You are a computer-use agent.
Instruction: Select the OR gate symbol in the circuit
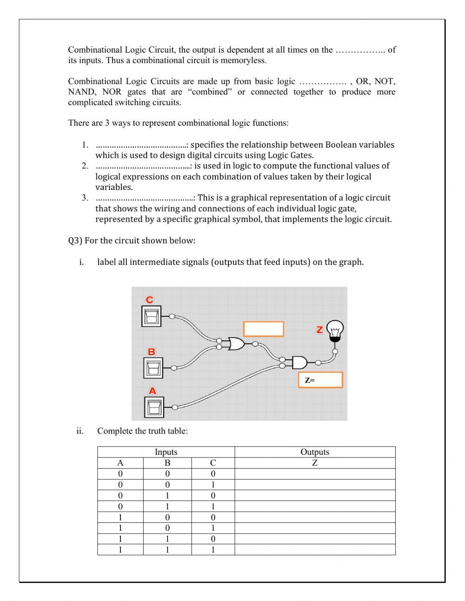pos(236,344)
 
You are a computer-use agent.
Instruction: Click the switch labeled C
pos(151,317)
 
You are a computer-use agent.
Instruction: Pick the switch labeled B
pos(153,368)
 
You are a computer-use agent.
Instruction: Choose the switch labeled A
pos(153,407)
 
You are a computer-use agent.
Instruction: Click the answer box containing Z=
pos(320,380)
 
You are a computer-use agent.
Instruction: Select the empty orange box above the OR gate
pos(263,329)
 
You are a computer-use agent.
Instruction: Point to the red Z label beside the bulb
pos(319,330)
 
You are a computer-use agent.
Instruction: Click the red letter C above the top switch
pos(149,300)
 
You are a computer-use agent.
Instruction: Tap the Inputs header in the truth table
pos(166,452)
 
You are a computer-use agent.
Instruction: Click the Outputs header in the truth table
pos(315,452)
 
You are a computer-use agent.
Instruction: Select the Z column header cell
pos(315,463)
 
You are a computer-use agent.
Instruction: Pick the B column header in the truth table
pos(167,463)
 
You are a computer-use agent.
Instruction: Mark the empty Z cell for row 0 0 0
pos(315,474)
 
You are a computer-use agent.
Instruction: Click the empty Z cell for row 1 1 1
pos(315,550)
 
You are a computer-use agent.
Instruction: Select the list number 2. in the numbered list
pos(85,166)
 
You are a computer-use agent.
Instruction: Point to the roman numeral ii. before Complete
pos(80,431)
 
